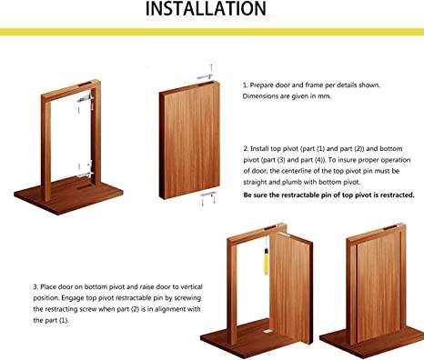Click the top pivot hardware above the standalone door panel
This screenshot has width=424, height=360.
point(209,74)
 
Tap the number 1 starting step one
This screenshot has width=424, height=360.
point(245,85)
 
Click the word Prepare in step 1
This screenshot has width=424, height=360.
point(267,85)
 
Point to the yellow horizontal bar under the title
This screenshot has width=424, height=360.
point(212,32)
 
